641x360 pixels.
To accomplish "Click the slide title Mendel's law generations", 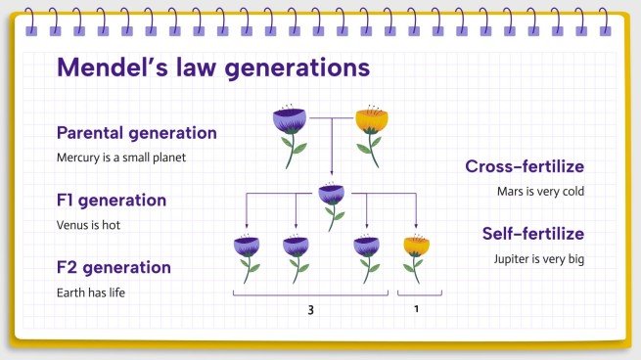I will pos(213,67).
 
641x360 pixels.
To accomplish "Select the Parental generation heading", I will pos(137,133).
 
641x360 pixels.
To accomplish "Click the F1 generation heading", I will pos(112,201).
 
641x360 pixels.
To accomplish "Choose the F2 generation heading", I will pos(114,267).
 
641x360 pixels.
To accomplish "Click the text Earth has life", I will pos(91,292).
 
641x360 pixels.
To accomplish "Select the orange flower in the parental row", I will pos(371,130).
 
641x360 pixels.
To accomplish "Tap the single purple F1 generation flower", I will pos(333,202).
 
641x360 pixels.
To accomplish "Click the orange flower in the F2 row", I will pos(416,255).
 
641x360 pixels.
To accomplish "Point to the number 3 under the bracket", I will pos(310,310).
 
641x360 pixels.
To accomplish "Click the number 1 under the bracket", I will pos(416,310).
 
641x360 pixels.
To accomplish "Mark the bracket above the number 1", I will pos(419,293).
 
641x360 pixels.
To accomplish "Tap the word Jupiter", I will pos(515,259).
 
